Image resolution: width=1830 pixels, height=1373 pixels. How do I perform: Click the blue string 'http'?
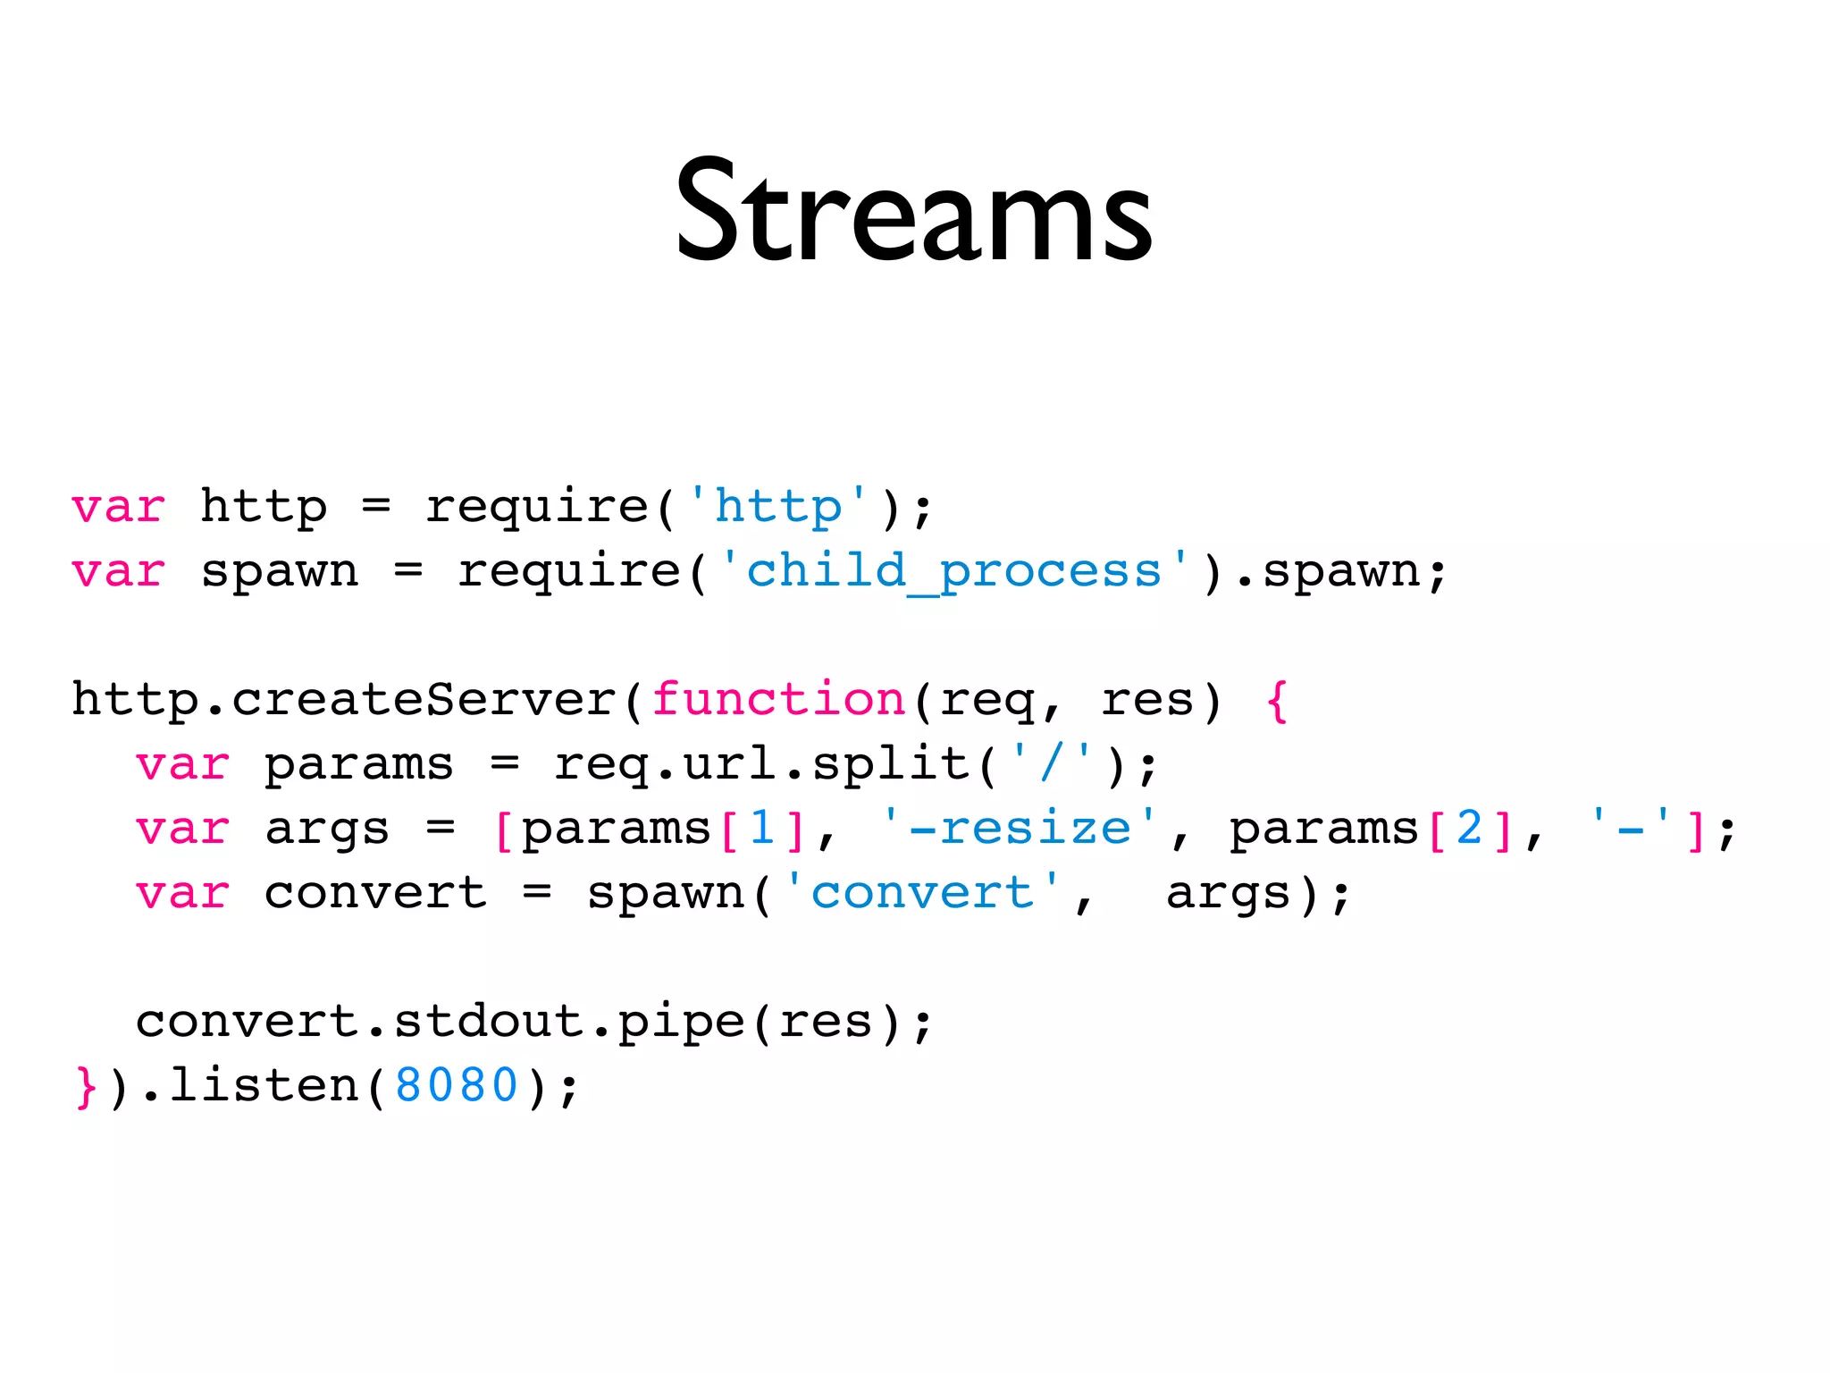[777, 507]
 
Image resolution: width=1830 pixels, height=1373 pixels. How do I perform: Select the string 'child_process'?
[953, 571]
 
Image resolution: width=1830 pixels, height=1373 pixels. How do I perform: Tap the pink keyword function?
[779, 699]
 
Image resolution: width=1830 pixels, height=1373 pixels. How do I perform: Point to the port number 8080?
[457, 1085]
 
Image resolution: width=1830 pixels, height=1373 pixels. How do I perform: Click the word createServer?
[424, 699]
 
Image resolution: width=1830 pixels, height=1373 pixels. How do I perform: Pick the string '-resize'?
[1019, 828]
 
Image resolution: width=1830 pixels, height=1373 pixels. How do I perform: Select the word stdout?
[489, 1021]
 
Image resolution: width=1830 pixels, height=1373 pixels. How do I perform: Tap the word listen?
[264, 1085]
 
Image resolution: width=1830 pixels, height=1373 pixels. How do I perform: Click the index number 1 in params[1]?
[762, 828]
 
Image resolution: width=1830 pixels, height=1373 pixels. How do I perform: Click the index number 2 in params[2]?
[1470, 828]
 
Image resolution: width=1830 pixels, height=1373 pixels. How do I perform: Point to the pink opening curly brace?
[1278, 699]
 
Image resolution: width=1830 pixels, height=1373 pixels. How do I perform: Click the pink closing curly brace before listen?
[86, 1085]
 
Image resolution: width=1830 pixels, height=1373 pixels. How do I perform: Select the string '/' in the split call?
[1051, 763]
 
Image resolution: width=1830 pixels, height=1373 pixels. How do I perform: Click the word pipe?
[682, 1023]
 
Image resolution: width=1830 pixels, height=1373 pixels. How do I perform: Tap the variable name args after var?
[327, 830]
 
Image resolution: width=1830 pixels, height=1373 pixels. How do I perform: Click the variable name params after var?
[359, 765]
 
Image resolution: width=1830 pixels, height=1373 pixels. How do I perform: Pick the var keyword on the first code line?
[118, 507]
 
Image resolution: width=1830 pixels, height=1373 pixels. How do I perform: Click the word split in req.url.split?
[891, 765]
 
